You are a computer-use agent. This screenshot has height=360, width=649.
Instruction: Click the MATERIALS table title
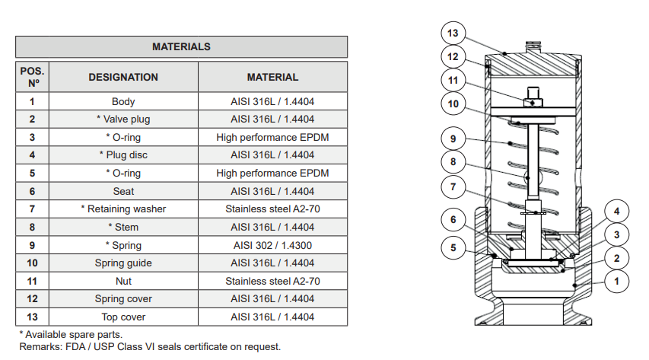pos(181,46)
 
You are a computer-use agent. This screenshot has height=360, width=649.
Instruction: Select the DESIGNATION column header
pos(123,77)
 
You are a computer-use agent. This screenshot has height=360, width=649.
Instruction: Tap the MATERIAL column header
pos(272,77)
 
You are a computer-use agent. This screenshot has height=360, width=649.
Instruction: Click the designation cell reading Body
pos(123,101)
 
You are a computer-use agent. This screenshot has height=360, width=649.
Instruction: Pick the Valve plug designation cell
pos(123,119)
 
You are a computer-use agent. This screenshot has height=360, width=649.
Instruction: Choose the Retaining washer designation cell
pos(123,209)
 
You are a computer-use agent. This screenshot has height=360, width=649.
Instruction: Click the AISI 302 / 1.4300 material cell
pos(272,245)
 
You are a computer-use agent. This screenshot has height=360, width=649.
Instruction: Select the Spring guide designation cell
pos(123,263)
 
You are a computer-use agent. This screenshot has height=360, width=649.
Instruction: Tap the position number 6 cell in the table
pos(33,191)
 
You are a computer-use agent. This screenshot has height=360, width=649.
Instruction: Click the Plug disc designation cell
pos(123,155)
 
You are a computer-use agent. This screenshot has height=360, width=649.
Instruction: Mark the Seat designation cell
pos(123,191)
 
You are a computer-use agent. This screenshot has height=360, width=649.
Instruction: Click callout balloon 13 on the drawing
pos(453,33)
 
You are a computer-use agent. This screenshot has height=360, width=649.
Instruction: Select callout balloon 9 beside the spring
pos(453,139)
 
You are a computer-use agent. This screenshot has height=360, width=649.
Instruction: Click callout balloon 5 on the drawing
pos(453,247)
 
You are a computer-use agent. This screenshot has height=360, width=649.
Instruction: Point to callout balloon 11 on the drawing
pos(453,80)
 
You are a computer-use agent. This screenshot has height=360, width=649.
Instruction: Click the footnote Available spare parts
pos(70,335)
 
